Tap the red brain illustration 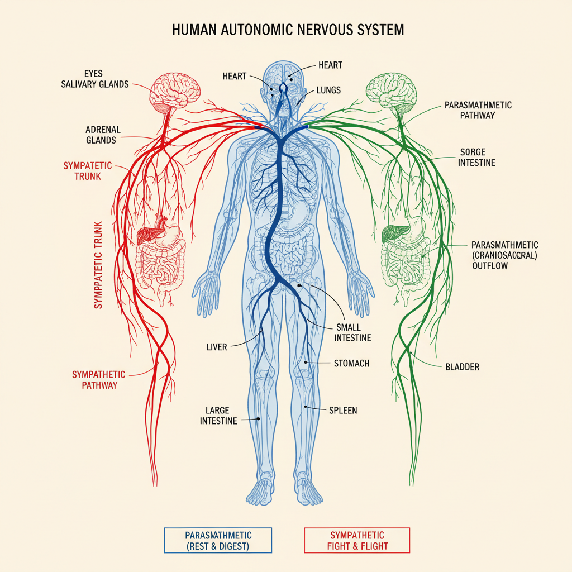[171, 93]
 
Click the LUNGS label [328, 89]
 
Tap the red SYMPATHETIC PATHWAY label [98, 379]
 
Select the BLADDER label [463, 367]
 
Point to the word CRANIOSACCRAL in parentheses [504, 255]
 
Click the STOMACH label [351, 364]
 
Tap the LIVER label [217, 347]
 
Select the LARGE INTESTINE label [218, 416]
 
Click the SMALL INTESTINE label [352, 332]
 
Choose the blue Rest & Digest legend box [218, 540]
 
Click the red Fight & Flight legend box [357, 540]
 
